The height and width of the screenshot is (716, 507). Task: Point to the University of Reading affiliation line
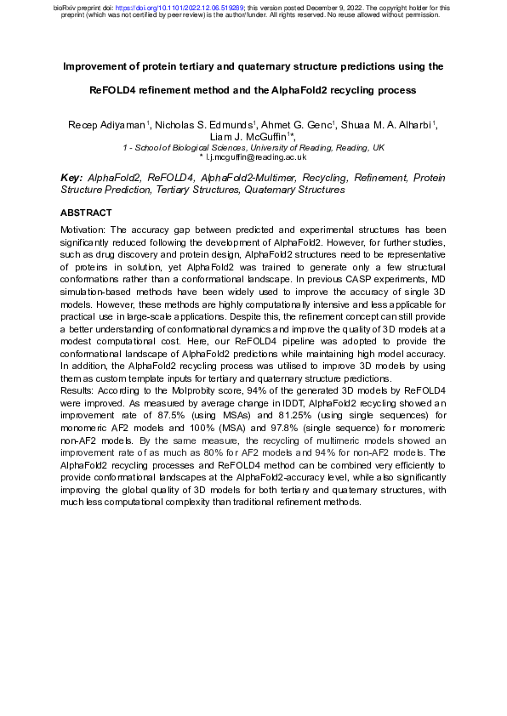coord(253,147)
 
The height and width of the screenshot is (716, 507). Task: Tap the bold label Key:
coord(71,179)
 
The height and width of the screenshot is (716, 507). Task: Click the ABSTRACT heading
coord(86,213)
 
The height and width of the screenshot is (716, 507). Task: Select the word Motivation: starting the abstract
coord(83,230)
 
